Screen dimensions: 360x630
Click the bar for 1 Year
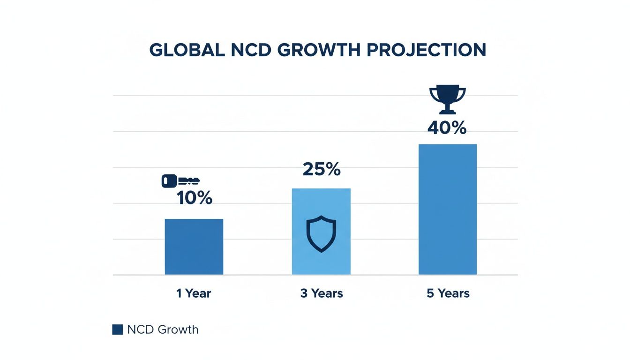tap(194, 247)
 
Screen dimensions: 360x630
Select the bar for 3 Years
tap(321, 231)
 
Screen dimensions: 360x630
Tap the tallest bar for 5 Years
tap(448, 209)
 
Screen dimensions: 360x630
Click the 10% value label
tap(195, 198)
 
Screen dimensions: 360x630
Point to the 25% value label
tap(322, 170)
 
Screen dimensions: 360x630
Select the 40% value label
tap(447, 128)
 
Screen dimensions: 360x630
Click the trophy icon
tap(448, 99)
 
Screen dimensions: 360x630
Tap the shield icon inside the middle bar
tap(321, 234)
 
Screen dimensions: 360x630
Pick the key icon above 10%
tap(180, 181)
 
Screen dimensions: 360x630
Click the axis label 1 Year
tap(194, 293)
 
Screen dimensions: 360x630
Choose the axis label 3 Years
tap(322, 293)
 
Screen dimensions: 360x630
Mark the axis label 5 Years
tap(448, 293)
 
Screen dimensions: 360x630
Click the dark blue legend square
tap(117, 330)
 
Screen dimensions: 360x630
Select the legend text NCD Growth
tap(163, 330)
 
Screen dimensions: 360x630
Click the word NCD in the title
tap(252, 50)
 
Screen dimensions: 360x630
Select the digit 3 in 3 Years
tap(304, 293)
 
